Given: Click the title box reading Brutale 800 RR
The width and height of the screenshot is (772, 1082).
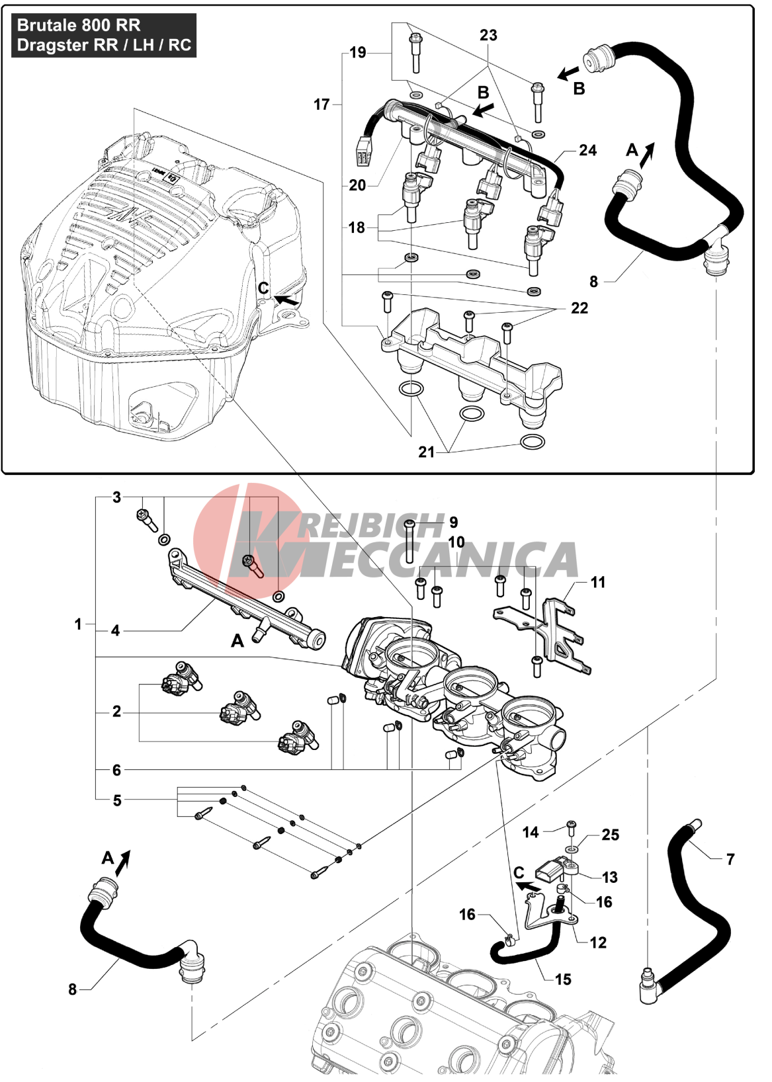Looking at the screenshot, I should [x=104, y=35].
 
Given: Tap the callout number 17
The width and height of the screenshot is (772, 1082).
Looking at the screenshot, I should [x=322, y=104].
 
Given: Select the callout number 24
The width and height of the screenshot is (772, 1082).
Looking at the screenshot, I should [x=587, y=151].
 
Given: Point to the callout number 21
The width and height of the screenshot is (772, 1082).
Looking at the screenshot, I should [x=427, y=452].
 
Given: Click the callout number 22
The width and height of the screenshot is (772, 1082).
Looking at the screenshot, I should [x=579, y=308].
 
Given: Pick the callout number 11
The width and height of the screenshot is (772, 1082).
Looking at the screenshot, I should [x=598, y=582].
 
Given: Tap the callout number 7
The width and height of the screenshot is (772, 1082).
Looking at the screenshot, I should [x=730, y=859].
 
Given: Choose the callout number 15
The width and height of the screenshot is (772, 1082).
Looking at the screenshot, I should [x=563, y=979].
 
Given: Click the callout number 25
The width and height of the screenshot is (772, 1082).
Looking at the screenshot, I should [x=611, y=835].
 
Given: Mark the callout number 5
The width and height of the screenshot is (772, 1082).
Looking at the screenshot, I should [x=117, y=800].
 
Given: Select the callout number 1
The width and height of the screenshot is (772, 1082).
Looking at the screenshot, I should [x=78, y=624].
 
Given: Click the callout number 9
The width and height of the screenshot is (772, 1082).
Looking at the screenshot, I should [x=453, y=522].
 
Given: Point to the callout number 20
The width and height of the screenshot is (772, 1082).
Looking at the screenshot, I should [x=357, y=185].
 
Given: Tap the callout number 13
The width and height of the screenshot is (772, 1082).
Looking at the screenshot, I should [x=609, y=877].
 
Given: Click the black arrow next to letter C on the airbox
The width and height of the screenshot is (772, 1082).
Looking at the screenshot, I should [x=286, y=300].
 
